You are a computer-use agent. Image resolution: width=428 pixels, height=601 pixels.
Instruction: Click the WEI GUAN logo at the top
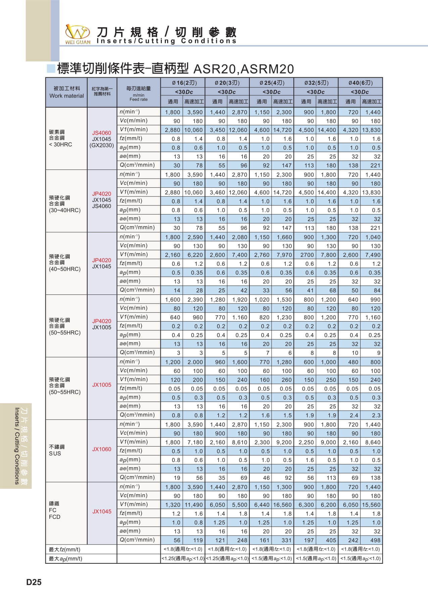pyautogui.click(x=78, y=34)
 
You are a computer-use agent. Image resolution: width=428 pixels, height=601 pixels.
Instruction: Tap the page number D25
pyautogui.click(x=34, y=582)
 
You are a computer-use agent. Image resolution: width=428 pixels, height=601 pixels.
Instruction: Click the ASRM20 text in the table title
pyautogui.click(x=267, y=69)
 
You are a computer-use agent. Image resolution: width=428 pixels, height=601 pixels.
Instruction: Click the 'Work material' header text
pyautogui.click(x=66, y=96)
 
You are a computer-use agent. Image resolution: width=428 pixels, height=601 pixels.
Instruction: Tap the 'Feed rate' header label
pyautogui.click(x=138, y=99)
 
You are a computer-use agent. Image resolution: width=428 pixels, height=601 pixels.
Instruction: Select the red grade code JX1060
pyautogui.click(x=102, y=449)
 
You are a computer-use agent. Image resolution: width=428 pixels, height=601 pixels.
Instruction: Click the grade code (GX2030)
pyautogui.click(x=102, y=145)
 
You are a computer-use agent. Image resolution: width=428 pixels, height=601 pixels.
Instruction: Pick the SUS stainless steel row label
pyautogui.click(x=55, y=453)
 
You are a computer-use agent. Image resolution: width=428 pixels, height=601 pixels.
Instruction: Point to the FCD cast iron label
pyautogui.click(x=55, y=517)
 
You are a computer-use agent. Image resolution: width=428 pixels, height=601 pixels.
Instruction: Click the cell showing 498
pyautogui.click(x=375, y=540)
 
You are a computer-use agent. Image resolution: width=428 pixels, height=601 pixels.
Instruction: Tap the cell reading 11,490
pyautogui.click(x=194, y=505)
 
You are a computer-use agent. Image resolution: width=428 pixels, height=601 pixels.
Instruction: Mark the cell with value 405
pyautogui.click(x=331, y=540)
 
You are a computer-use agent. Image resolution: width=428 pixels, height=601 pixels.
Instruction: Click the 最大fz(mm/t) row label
pyautogui.click(x=65, y=549)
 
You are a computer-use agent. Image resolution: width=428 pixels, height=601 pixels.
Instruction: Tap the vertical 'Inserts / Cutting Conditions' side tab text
pyautogui.click(x=17, y=446)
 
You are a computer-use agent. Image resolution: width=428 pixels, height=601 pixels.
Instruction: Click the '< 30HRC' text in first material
pyautogui.click(x=61, y=144)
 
